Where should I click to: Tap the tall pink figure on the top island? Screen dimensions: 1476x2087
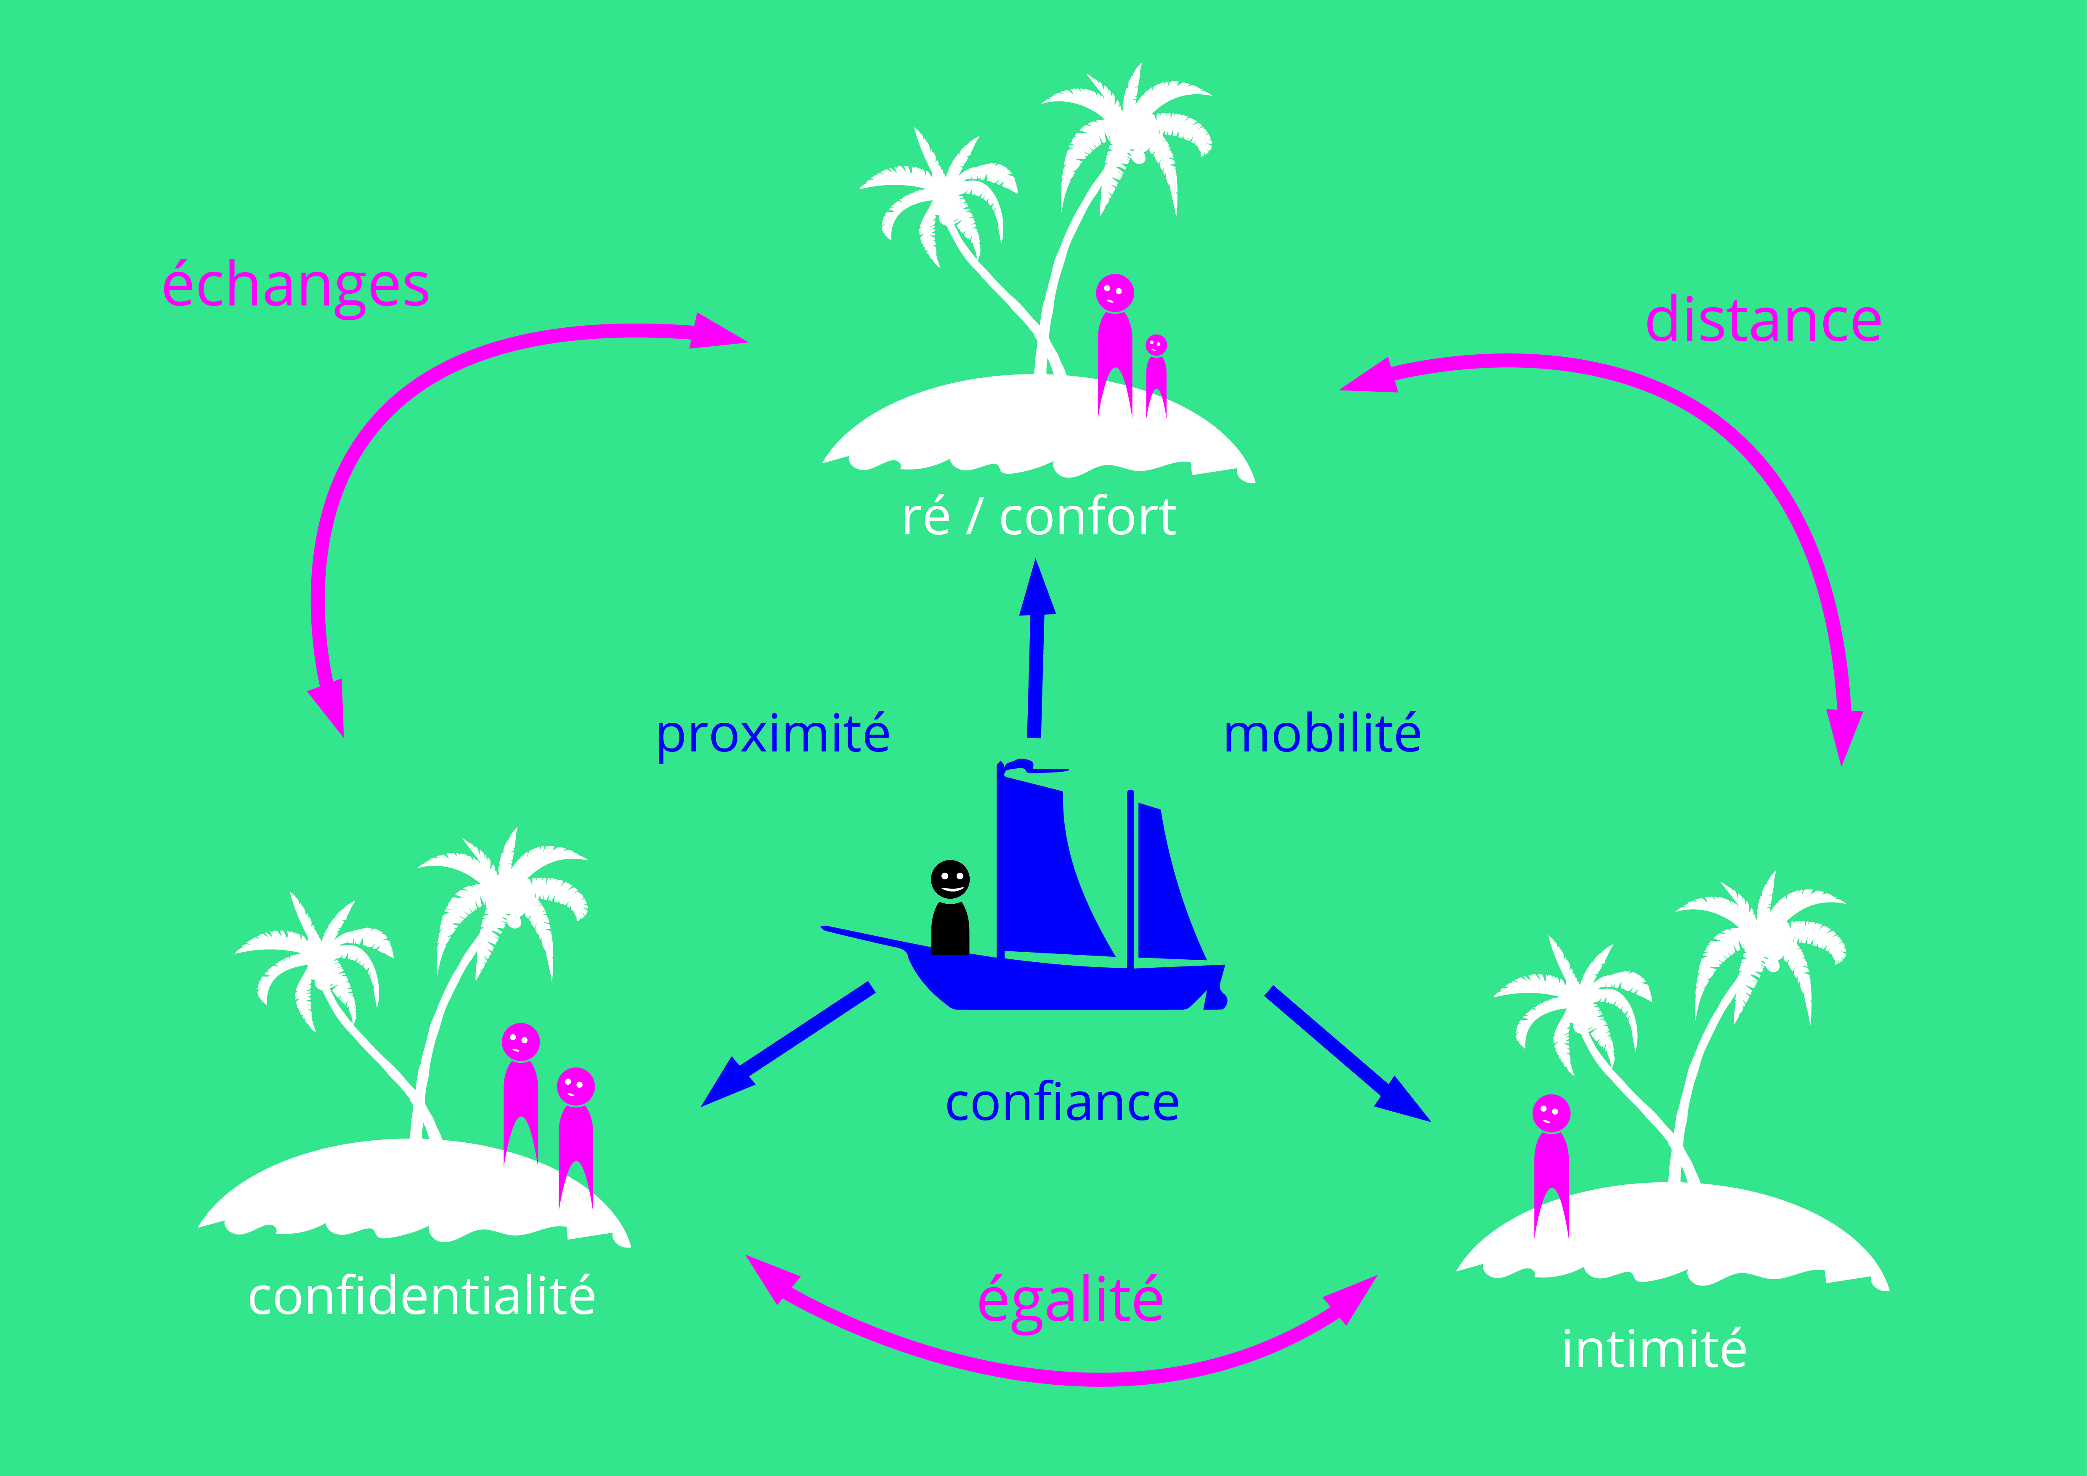click(1114, 345)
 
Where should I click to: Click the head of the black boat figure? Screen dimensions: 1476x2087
click(950, 879)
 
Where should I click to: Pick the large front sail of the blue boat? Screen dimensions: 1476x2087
click(1045, 873)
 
